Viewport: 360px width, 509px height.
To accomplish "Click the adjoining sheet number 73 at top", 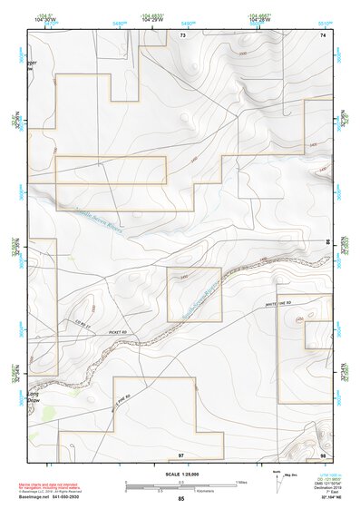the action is click(x=182, y=34).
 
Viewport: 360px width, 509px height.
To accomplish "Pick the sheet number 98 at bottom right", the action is click(x=323, y=454).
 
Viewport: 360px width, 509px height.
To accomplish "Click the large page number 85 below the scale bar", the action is click(x=181, y=499).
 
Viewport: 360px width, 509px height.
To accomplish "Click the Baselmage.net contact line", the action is click(x=56, y=498).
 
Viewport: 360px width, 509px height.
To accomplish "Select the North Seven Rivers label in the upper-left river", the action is click(x=91, y=220).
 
